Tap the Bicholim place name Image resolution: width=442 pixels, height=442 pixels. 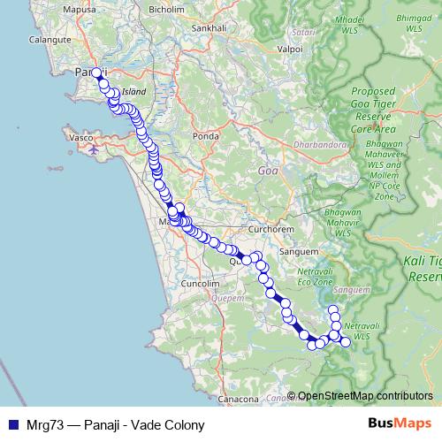coord(167,10)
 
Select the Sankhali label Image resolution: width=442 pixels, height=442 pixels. coord(209,27)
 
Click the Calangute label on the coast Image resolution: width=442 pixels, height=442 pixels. coord(42,51)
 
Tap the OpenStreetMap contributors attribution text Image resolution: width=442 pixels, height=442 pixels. coord(365,396)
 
